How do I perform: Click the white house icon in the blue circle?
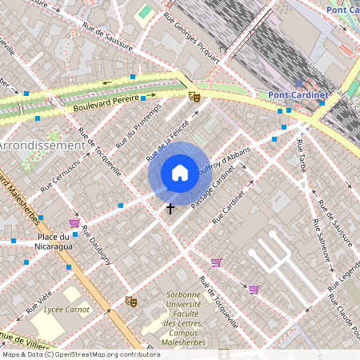point(179,173)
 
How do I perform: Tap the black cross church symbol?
point(170,208)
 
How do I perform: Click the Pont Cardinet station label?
point(298,96)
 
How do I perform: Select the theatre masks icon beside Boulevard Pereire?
point(194,96)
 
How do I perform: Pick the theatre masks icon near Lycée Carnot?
point(131,301)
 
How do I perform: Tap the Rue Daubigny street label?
point(97,249)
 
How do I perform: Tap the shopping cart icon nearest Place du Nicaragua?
point(74,223)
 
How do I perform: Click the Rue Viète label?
point(38,302)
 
